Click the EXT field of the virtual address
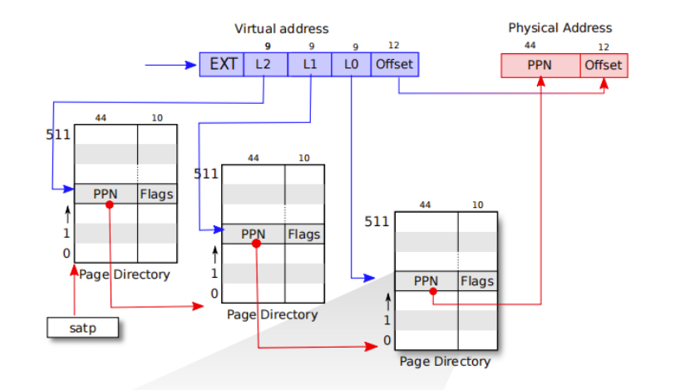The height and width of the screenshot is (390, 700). pyautogui.click(x=222, y=64)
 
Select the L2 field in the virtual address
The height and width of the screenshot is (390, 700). pyautogui.click(x=265, y=64)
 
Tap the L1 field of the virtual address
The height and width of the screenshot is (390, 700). pyautogui.click(x=309, y=64)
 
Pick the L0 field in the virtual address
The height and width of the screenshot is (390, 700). pyautogui.click(x=352, y=64)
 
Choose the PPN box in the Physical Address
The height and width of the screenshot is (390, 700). pyautogui.click(x=540, y=66)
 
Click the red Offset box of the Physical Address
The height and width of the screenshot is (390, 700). pyautogui.click(x=604, y=66)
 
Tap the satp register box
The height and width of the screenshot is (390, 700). pyautogui.click(x=82, y=328)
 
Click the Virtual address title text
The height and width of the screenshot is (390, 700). pyautogui.click(x=281, y=29)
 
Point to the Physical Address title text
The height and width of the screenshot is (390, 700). pyautogui.click(x=560, y=28)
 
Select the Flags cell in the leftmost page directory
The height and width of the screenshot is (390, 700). pyautogui.click(x=157, y=194)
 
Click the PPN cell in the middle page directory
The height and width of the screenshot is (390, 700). pyautogui.click(x=253, y=234)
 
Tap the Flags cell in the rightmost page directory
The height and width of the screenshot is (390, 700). pyautogui.click(x=477, y=281)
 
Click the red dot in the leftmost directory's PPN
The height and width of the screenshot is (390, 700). pyautogui.click(x=109, y=204)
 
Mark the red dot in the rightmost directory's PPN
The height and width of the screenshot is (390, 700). pyautogui.click(x=433, y=291)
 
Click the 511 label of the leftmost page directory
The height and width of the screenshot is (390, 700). pyautogui.click(x=57, y=134)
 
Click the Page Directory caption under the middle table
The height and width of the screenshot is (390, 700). pyautogui.click(x=272, y=315)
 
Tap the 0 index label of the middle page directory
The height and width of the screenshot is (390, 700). pyautogui.click(x=214, y=294)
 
